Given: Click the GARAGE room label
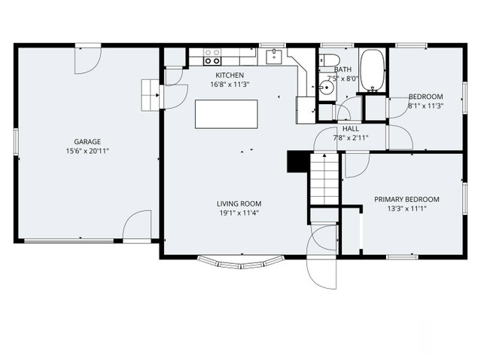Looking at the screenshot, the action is click(x=87, y=142).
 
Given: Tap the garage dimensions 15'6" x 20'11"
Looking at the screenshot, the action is click(x=87, y=151).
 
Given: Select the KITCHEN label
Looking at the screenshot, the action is click(x=230, y=75).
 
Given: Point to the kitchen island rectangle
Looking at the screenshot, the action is click(x=227, y=114).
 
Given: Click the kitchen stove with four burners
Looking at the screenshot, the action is click(x=212, y=57).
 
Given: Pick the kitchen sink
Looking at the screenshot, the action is click(x=274, y=57).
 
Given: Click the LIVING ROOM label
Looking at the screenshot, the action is click(x=239, y=204).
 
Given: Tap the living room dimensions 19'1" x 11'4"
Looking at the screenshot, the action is click(x=239, y=213).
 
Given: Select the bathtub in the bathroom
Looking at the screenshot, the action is click(x=372, y=70).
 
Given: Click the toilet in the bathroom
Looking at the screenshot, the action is click(x=329, y=60).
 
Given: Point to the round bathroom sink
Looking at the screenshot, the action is click(x=327, y=88).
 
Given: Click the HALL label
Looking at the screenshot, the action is click(x=350, y=128).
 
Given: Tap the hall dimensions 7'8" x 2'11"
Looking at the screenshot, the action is click(x=350, y=138).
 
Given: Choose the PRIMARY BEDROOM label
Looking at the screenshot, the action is click(x=406, y=199).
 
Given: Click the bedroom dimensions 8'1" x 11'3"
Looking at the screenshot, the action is click(x=426, y=106).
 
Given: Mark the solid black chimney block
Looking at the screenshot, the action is click(x=298, y=161).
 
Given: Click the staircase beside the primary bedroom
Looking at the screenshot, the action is click(x=324, y=179).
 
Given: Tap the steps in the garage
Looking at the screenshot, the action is click(x=151, y=95).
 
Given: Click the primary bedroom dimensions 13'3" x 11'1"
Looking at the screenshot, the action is click(x=406, y=209).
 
